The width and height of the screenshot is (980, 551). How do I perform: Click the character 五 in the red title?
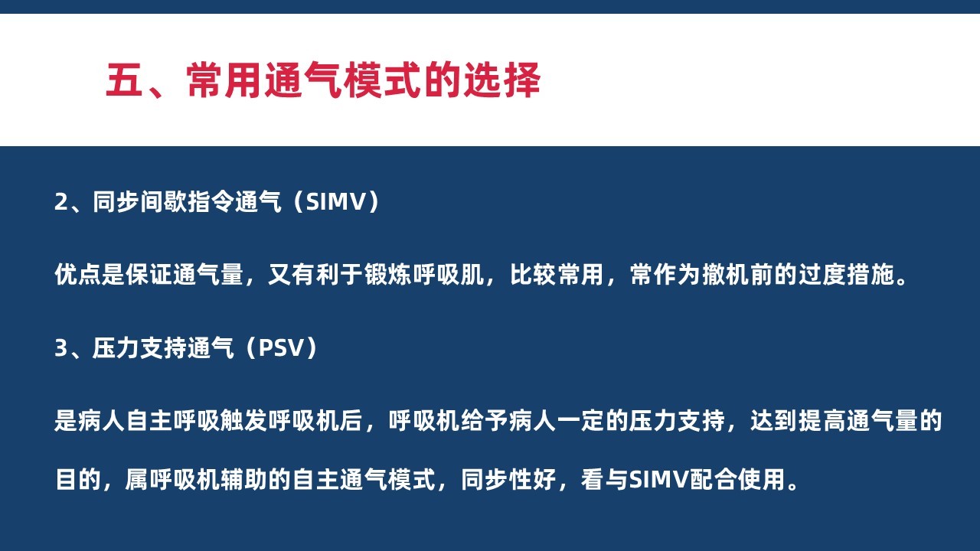coord(124,80)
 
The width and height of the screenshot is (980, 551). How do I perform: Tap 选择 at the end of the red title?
coord(502,80)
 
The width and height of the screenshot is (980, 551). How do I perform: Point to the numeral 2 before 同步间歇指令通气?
coord(60,202)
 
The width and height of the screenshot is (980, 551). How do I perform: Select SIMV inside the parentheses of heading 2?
coord(335,202)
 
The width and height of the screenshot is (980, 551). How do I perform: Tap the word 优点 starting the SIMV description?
coord(78,275)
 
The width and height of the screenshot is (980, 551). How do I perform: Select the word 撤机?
coord(725,275)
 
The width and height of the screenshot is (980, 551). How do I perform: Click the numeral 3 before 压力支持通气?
coord(60,348)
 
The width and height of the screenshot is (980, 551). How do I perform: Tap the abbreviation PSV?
coord(281,348)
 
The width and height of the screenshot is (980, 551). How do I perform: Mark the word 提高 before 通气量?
coord(822,421)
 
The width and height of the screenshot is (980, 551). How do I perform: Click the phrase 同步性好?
coord(508,479)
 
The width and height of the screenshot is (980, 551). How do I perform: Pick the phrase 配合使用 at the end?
coord(737,479)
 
